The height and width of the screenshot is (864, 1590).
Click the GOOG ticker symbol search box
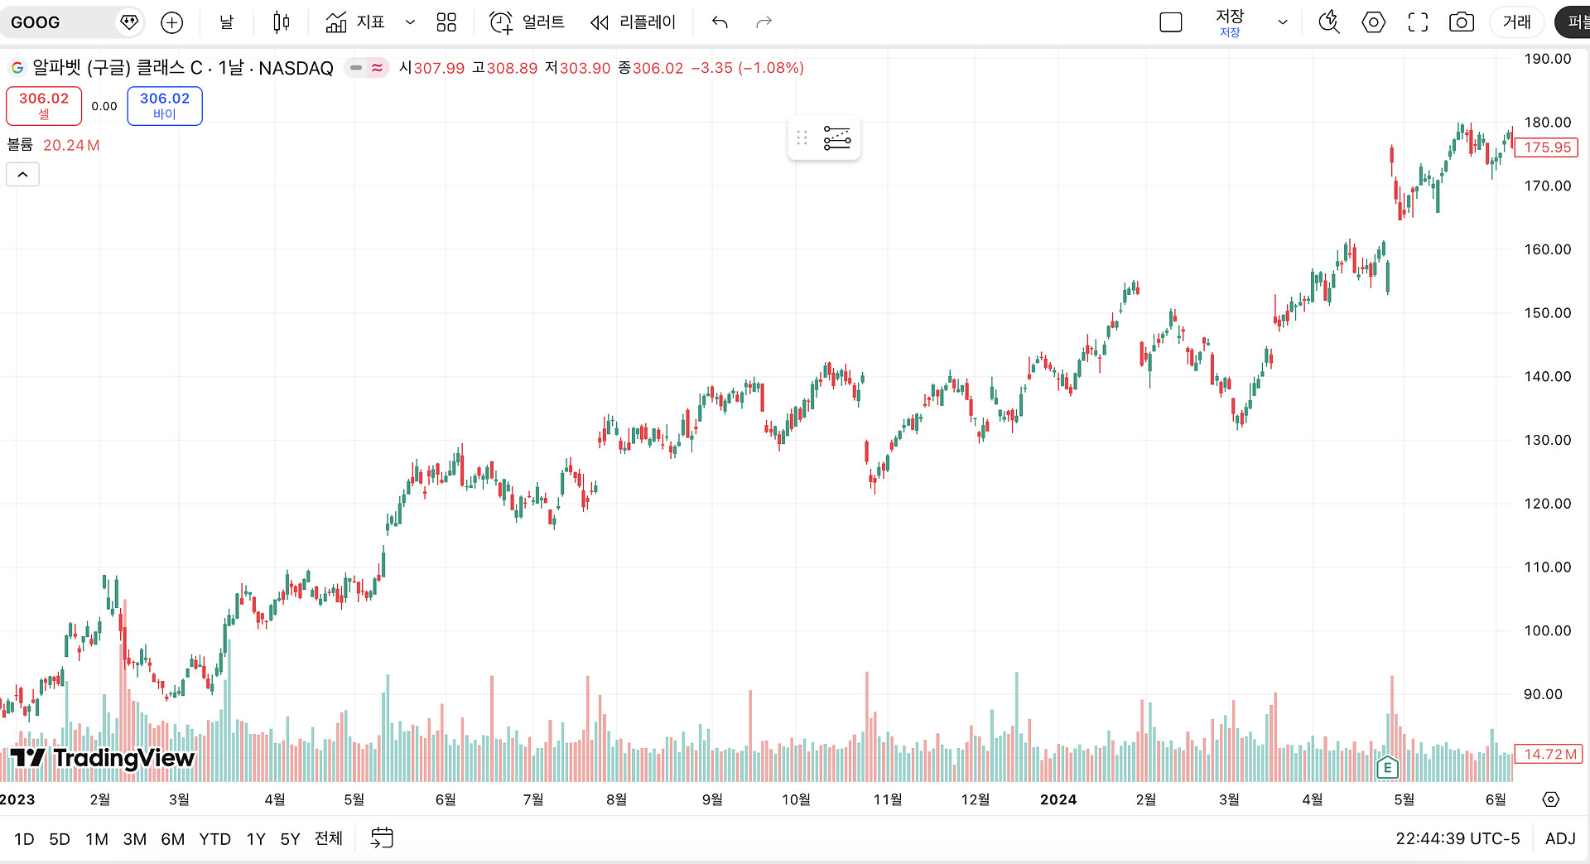click(71, 22)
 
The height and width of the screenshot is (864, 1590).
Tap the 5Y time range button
click(290, 839)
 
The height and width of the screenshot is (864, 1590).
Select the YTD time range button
click(214, 839)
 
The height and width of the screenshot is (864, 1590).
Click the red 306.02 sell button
click(44, 106)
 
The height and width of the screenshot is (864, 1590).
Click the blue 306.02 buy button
click(165, 106)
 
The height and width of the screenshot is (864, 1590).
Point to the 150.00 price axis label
click(1547, 312)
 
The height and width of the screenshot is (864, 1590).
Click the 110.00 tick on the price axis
click(1547, 567)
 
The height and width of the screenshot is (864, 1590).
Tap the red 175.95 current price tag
click(1546, 147)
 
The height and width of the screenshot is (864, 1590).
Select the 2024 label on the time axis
click(1058, 799)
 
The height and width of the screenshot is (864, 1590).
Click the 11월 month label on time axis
click(888, 799)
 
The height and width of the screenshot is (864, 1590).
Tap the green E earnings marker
click(1387, 767)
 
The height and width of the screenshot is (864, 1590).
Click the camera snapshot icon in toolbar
click(1461, 22)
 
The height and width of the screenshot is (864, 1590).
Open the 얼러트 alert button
click(527, 22)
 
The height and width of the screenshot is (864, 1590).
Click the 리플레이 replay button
click(634, 22)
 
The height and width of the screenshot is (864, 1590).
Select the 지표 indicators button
click(355, 22)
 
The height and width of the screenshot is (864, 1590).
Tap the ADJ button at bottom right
click(1560, 838)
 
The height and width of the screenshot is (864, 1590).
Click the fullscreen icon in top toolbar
click(1418, 22)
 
